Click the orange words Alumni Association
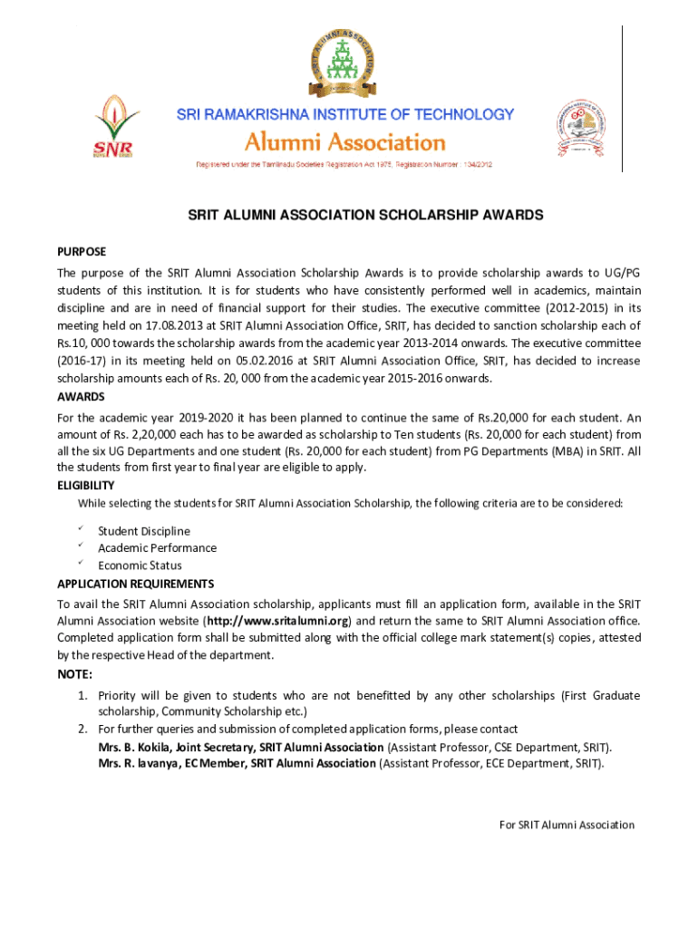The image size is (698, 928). (345, 142)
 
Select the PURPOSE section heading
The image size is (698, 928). (82, 251)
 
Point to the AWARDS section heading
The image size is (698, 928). (81, 397)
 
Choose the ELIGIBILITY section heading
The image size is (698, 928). (86, 485)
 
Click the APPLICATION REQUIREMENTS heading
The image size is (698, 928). (135, 583)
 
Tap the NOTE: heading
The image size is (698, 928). (74, 674)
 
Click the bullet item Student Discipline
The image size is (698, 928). (144, 531)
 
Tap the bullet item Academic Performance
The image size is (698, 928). (157, 548)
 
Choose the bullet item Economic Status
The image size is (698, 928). (140, 565)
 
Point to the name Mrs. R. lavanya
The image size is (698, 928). (140, 764)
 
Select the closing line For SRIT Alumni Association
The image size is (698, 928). (567, 825)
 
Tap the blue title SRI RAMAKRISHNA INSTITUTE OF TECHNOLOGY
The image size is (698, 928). (344, 115)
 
